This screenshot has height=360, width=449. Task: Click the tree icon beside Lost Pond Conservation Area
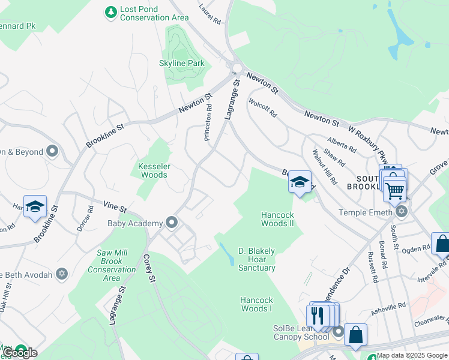[110, 12]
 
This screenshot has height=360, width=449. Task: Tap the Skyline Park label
[181, 63]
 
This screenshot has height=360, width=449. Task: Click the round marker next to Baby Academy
[172, 223]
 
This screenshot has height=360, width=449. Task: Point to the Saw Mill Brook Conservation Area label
[116, 265]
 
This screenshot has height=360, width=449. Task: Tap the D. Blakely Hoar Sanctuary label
[256, 259]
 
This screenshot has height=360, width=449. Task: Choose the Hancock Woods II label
[277, 219]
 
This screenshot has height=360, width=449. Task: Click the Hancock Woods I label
[256, 304]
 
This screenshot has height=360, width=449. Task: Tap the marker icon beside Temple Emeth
[401, 212]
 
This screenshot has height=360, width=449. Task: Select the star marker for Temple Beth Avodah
[60, 274]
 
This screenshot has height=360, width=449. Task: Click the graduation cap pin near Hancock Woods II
[300, 182]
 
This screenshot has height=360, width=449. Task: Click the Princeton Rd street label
[208, 122]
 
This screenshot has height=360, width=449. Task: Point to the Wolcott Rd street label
[263, 107]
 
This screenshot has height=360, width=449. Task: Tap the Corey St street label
[149, 269]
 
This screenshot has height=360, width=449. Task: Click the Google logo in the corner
[20, 353]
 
